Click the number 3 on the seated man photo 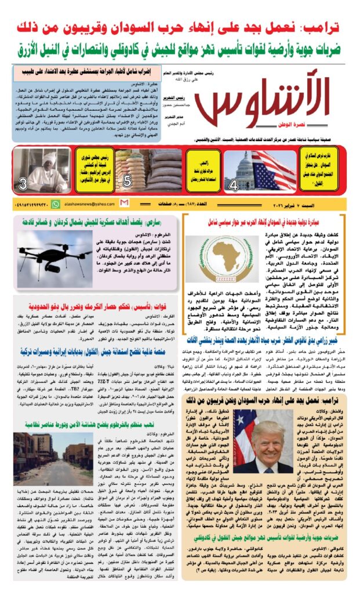click(x=23, y=185)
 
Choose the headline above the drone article click(x=95, y=222)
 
